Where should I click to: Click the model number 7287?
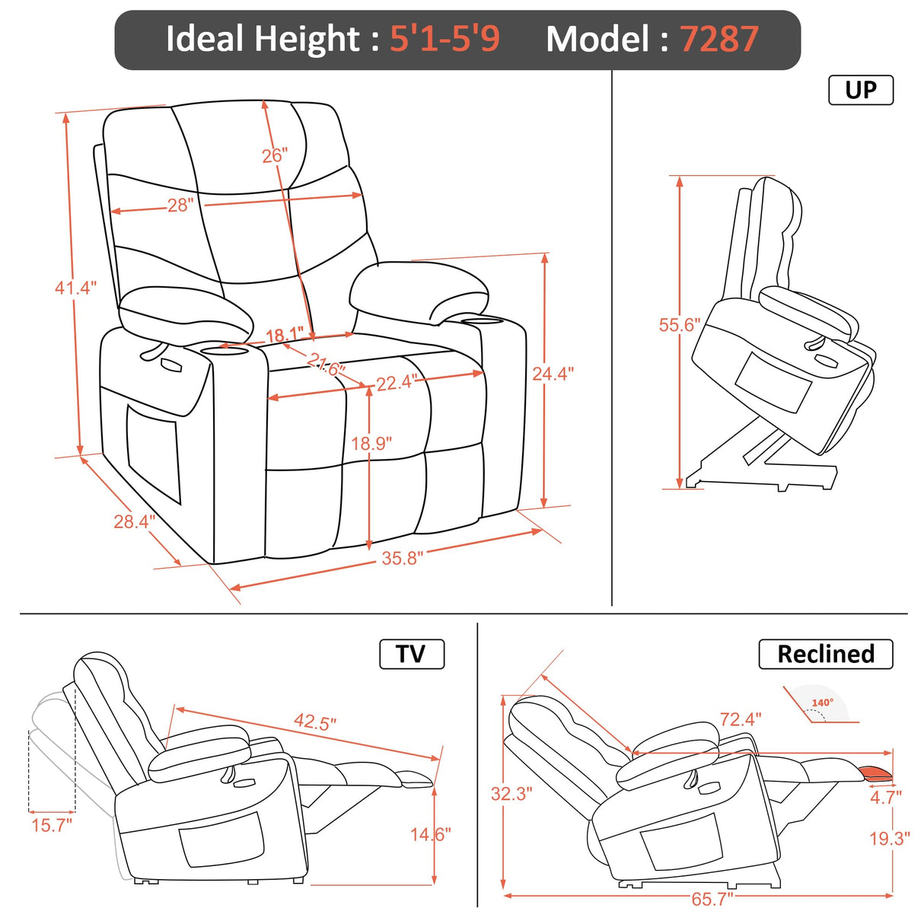coord(719,39)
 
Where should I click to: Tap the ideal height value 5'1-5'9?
coord(444,39)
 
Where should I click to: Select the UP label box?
coord(860,90)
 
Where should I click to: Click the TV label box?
coord(411,654)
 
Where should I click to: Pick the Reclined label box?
coord(825,654)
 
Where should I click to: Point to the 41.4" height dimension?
coord(75,288)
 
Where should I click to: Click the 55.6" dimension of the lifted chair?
coord(679,325)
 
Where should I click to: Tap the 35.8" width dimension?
coord(402,558)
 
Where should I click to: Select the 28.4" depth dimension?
coord(134,521)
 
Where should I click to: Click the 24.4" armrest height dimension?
coord(553,373)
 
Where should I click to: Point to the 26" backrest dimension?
coord(274,155)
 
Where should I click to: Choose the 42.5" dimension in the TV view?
coord(315,722)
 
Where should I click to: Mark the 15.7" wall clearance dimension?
coord(52,824)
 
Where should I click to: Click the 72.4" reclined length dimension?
coord(741,719)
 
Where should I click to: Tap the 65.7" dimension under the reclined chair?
coord(712,899)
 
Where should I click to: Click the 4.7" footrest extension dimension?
coord(886,797)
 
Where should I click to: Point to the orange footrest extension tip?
coord(877,775)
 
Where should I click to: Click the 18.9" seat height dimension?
coord(371,443)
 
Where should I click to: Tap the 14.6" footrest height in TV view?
coord(431,834)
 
